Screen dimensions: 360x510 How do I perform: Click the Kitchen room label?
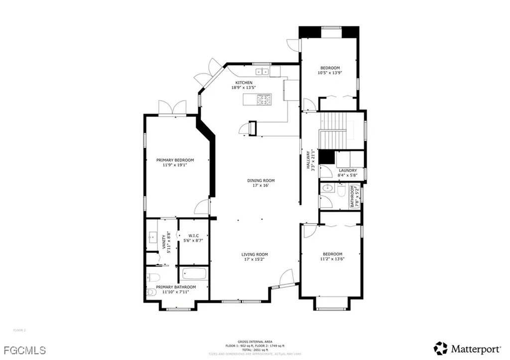point(244,83)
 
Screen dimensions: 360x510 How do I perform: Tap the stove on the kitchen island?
point(264,100)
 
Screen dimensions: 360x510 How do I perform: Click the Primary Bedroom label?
point(175,160)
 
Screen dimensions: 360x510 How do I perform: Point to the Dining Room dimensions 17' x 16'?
point(261,186)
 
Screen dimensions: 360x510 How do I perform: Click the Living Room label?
point(255,254)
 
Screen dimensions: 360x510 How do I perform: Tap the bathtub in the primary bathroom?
point(194,274)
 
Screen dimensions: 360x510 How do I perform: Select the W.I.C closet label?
point(193,236)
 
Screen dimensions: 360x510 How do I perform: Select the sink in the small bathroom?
point(328,188)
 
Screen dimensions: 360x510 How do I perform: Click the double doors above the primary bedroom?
point(172,107)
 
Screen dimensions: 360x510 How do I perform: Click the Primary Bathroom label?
point(176,287)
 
